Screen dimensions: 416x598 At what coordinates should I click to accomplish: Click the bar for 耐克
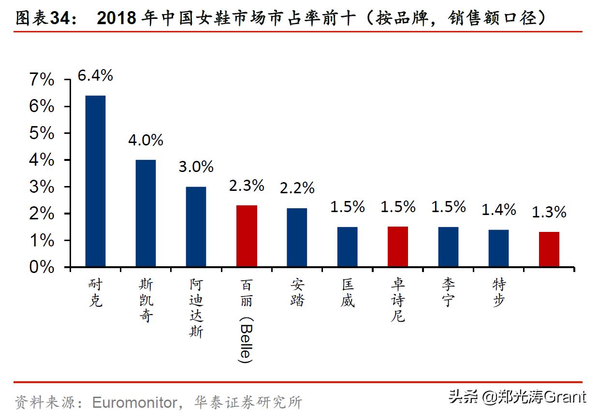(95, 181)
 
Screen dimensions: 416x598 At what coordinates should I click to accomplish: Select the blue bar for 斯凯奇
(146, 213)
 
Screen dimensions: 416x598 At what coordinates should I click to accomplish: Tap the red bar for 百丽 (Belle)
(247, 236)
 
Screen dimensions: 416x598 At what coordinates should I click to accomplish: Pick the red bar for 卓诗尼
(397, 246)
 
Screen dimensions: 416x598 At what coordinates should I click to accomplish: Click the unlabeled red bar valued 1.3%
(549, 249)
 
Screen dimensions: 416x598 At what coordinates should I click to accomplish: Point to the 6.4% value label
(95, 75)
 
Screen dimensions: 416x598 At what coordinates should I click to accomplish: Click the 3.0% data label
(196, 167)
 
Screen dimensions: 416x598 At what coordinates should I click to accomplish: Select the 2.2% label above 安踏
(297, 188)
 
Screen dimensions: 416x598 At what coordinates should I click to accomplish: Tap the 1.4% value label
(498, 210)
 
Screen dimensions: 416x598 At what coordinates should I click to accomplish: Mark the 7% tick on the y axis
(42, 80)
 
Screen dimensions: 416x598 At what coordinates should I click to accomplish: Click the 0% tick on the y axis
(42, 267)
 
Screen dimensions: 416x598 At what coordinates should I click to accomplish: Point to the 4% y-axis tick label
(42, 160)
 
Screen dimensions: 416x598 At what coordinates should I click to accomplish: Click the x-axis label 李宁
(448, 292)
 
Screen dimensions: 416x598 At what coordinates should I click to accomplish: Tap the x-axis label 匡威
(347, 292)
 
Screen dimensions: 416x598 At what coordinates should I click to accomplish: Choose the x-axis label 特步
(498, 292)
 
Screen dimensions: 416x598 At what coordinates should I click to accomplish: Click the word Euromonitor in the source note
(134, 402)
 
